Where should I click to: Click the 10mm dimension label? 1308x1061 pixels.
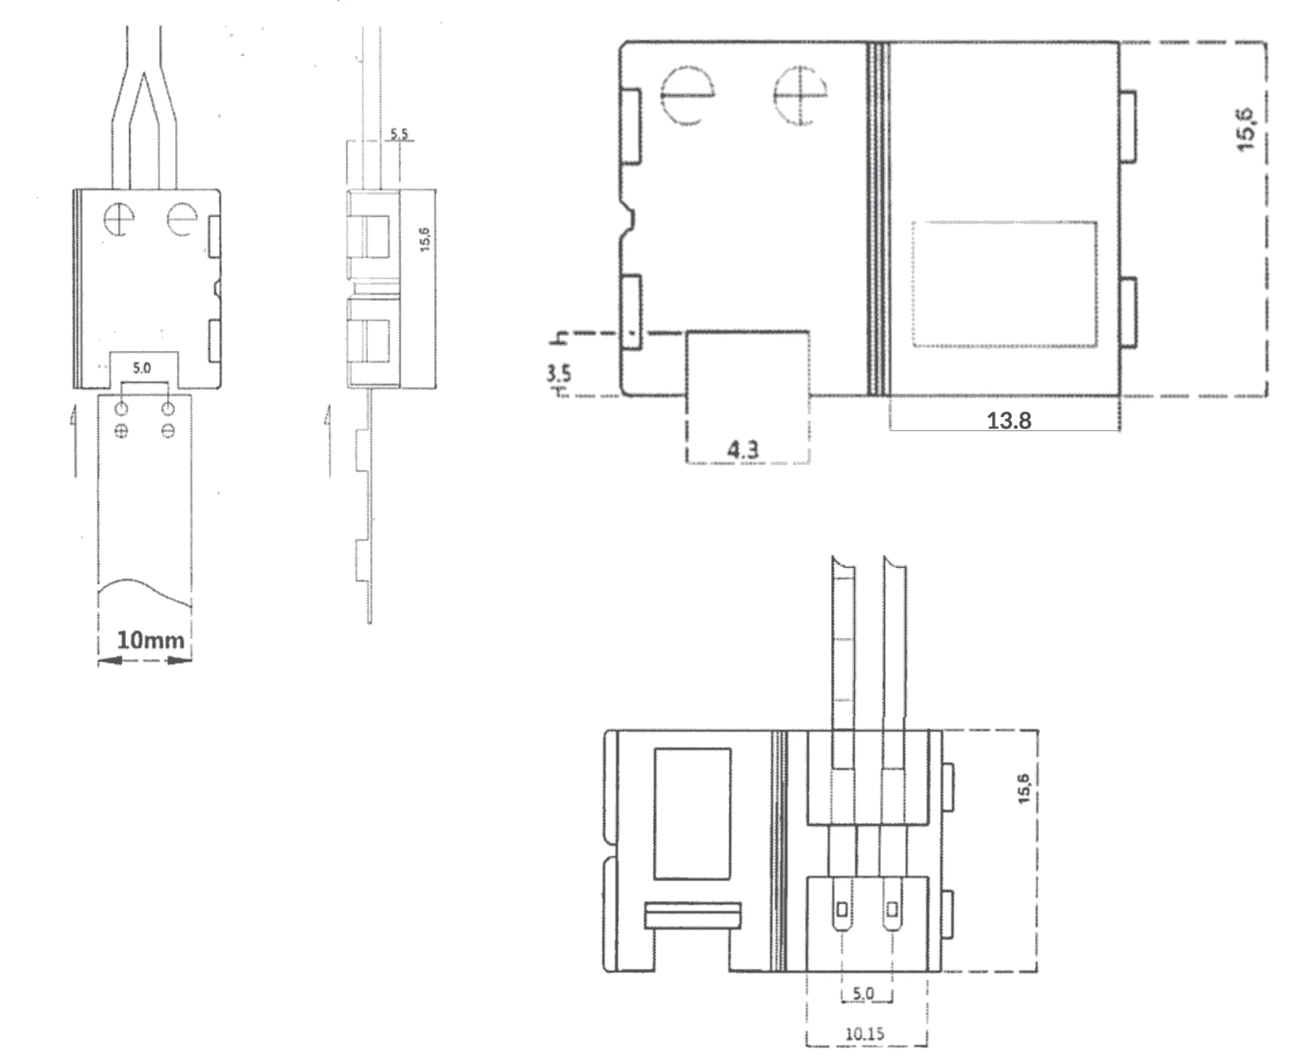point(150,640)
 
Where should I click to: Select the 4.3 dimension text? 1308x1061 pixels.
point(744,450)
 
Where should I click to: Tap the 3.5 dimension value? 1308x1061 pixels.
point(559,373)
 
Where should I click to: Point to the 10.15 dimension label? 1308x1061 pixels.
point(865,1034)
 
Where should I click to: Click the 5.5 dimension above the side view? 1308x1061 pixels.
point(399,134)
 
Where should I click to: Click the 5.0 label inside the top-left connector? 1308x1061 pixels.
point(142,368)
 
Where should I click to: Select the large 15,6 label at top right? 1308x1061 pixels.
point(1247,131)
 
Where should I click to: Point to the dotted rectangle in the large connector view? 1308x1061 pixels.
point(1005,284)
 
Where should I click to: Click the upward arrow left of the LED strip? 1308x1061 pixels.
point(74,441)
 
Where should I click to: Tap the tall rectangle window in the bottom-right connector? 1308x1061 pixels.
point(692,814)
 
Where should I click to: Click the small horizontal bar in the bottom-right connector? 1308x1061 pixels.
point(692,915)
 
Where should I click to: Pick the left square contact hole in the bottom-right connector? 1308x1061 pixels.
point(842,909)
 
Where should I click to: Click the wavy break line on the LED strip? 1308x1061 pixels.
point(146,590)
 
